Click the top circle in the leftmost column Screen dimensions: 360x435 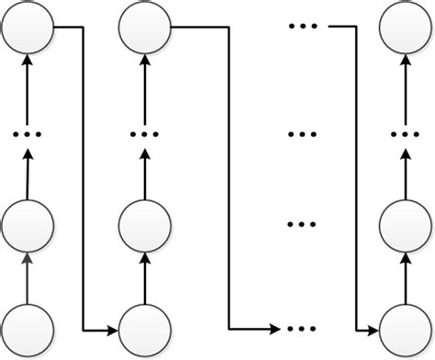(28, 28)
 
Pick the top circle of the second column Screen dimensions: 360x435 (146, 28)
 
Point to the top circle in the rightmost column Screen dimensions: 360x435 (407, 28)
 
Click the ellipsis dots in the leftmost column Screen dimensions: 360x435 (28, 134)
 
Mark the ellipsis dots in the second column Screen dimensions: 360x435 (146, 134)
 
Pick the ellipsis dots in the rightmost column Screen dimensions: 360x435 (407, 134)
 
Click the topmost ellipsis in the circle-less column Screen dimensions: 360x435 (303, 27)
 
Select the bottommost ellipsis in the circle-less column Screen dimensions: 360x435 (303, 328)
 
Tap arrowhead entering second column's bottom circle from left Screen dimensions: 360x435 (115, 328)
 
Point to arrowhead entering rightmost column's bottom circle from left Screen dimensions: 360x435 (375, 328)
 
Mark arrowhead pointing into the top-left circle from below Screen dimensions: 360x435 (28, 61)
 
